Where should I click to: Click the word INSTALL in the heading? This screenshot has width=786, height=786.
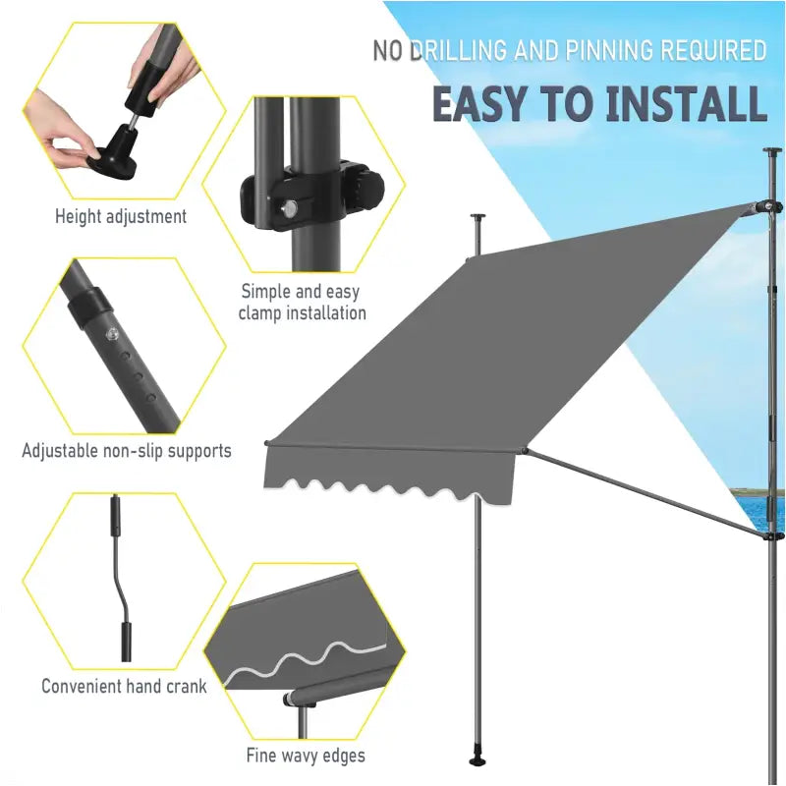[x=686, y=104]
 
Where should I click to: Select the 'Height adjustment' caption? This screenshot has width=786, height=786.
[x=121, y=216]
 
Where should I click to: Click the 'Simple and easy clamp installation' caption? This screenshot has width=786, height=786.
[x=302, y=303]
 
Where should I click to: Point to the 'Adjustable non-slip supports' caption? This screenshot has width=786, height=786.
[x=127, y=450]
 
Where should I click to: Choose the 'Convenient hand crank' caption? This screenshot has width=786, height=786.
[x=124, y=685]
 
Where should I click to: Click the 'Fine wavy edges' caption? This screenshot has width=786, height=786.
[x=306, y=755]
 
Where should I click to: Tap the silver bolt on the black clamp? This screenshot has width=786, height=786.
[x=289, y=209]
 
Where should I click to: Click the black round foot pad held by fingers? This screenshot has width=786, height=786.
[x=112, y=162]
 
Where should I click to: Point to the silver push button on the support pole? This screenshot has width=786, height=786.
[x=112, y=334]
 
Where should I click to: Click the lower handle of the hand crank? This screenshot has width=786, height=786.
[x=127, y=642]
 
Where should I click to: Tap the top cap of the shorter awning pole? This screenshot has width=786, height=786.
[x=478, y=216]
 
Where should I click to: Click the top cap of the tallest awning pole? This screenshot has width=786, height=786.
[x=772, y=150]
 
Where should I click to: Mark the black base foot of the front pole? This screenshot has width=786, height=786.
[x=477, y=759]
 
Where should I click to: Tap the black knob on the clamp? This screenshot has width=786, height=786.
[x=370, y=191]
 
